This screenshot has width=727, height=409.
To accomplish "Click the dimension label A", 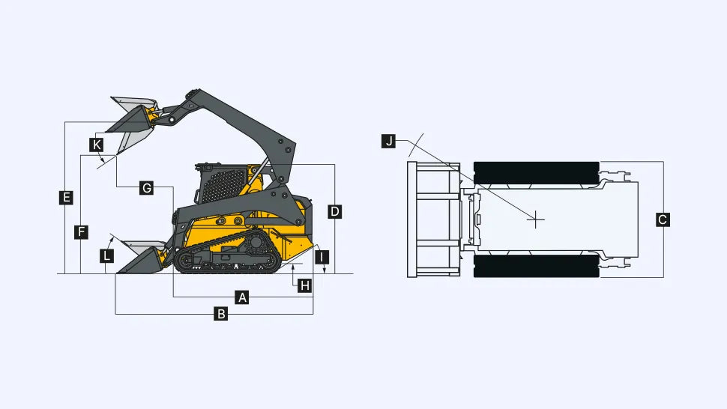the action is [241, 297].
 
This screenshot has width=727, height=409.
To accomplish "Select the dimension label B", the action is [221, 314].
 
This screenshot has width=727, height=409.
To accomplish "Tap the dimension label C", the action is [663, 219].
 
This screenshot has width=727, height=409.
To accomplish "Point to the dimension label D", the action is [334, 212].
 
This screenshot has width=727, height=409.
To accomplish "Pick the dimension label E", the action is [66, 197].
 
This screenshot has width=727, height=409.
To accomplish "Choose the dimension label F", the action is [81, 232].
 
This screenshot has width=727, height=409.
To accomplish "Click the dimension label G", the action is [146, 188].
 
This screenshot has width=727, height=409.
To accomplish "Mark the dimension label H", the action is [304, 286].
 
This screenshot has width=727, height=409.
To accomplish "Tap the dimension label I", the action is [322, 257].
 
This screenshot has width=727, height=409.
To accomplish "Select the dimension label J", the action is [388, 141].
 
